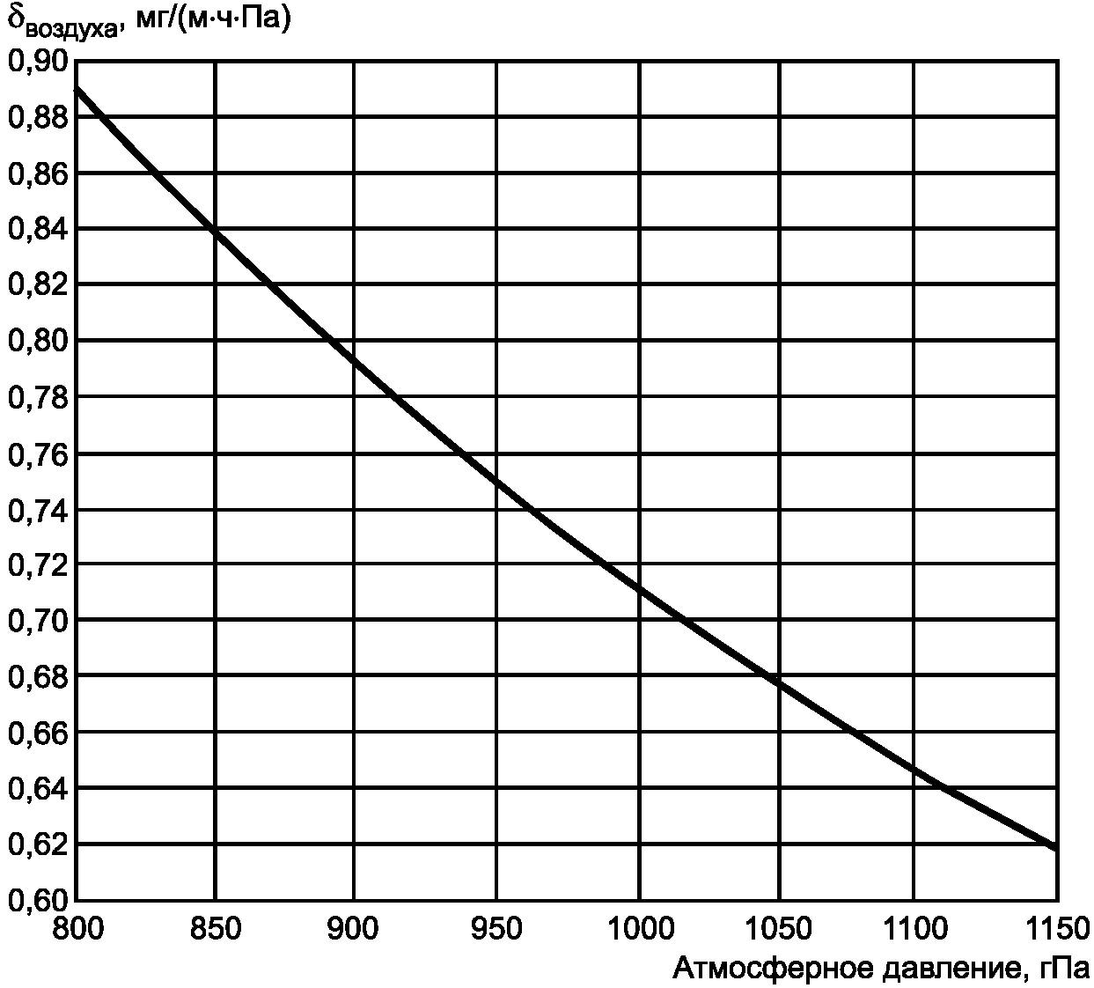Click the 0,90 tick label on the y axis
click(38, 61)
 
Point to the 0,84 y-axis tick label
click(38, 229)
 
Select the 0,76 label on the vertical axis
click(38, 453)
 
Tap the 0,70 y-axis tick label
click(38, 621)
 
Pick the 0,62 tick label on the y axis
click(38, 844)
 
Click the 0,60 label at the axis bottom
click(38, 900)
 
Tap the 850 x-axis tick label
click(215, 928)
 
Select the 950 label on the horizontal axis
click(497, 928)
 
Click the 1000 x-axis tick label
click(640, 928)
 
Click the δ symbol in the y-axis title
click(17, 18)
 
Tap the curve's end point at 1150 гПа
click(1054, 847)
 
